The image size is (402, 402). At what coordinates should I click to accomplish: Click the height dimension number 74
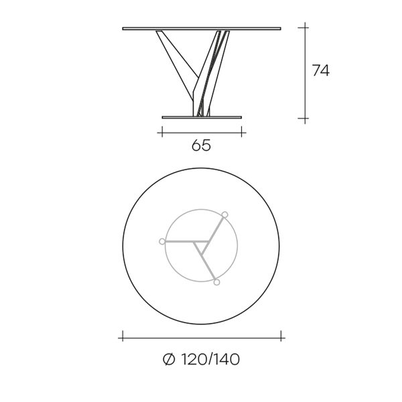[321, 70]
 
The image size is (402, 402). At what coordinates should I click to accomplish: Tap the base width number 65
[201, 145]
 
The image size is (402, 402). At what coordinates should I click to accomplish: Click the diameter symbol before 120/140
[169, 359]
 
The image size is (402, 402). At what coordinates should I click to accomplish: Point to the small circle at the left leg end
[162, 241]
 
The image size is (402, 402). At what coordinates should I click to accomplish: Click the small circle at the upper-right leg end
[225, 214]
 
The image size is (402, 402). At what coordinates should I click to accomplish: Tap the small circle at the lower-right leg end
[216, 282]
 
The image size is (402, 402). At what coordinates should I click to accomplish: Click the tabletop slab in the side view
[202, 29]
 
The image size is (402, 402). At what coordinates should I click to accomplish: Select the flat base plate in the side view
[202, 117]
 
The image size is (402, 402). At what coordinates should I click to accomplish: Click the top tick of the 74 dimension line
[305, 27]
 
